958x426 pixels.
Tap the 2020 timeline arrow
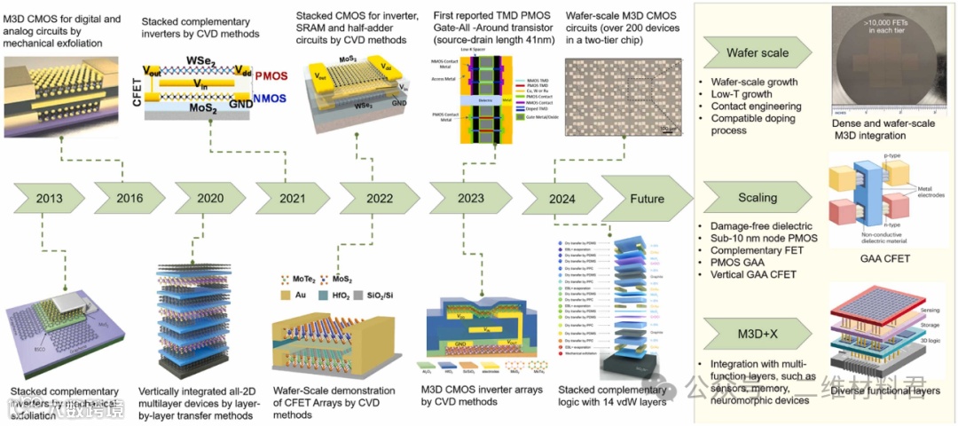tap(209, 199)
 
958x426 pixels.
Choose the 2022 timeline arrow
tap(374, 199)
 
